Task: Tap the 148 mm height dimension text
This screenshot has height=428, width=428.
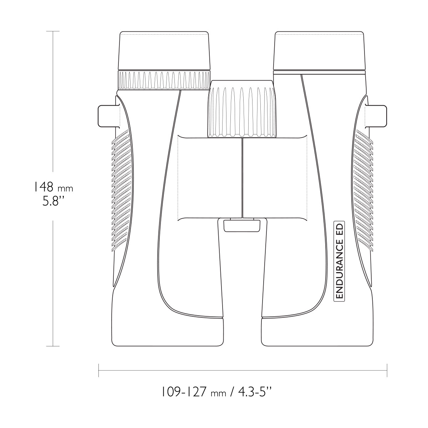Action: (x=53, y=187)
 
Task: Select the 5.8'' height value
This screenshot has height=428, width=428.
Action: (x=53, y=202)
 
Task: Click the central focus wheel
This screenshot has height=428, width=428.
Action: (x=242, y=109)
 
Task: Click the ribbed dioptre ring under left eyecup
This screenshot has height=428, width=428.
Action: (x=164, y=80)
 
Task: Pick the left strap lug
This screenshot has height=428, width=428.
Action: (x=109, y=116)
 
